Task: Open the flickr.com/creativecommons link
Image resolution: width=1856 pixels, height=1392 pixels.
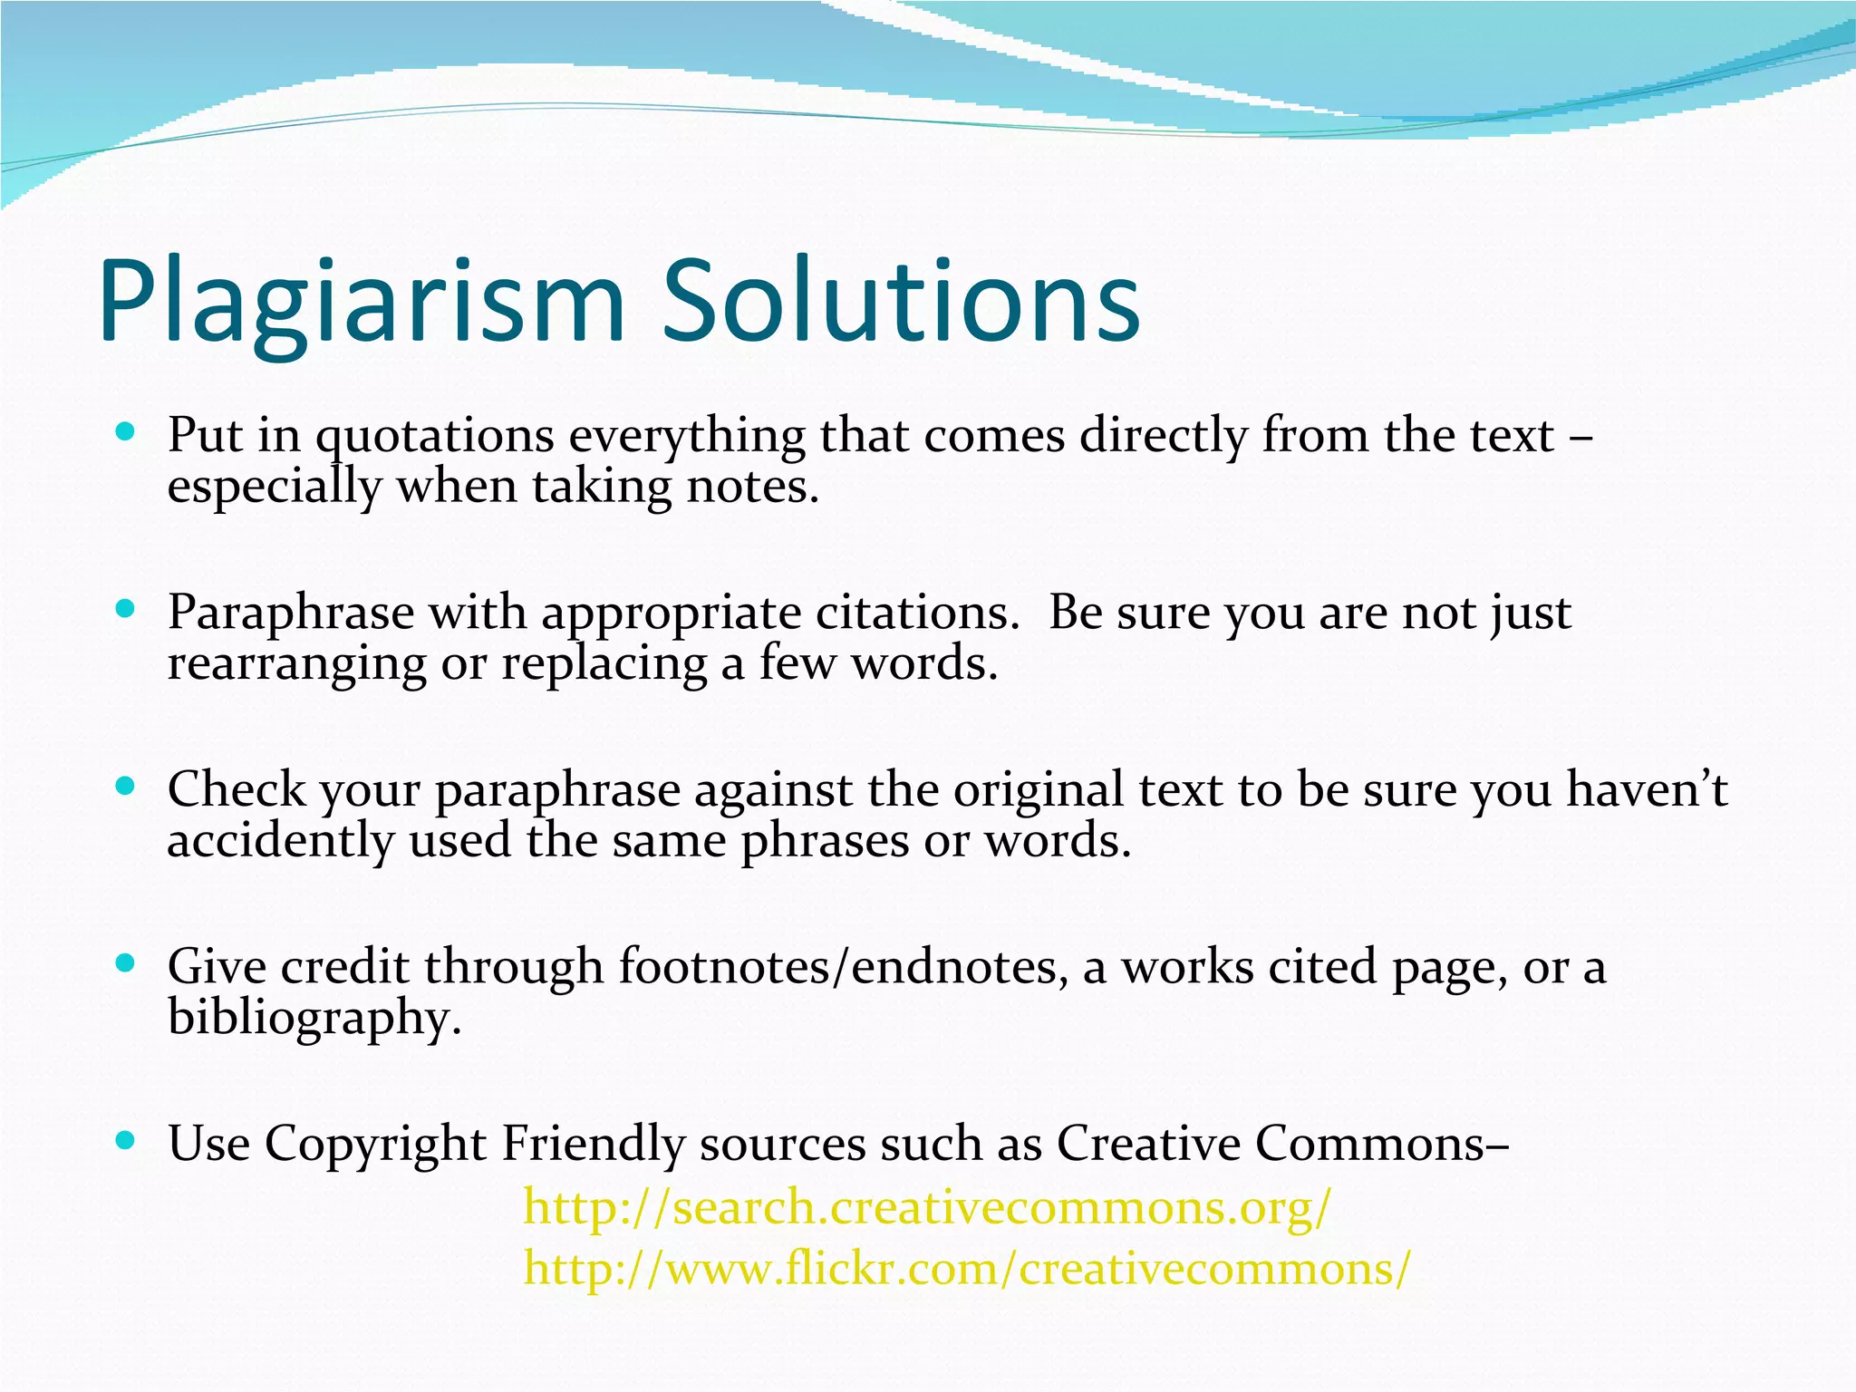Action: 967,1267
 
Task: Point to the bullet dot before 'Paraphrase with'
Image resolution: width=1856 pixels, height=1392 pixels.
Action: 126,609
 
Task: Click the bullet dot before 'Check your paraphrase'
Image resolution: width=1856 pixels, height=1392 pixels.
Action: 126,786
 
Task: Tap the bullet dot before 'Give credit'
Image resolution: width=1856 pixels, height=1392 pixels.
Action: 126,962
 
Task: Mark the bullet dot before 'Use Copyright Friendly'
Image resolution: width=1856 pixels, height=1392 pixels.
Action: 126,1139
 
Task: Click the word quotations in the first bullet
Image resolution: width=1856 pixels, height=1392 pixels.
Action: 434,437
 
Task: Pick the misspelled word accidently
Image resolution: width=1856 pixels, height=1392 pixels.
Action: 280,841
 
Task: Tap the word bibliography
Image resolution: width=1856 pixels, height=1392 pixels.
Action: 314,1018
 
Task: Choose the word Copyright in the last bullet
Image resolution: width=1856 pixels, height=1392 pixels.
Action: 375,1144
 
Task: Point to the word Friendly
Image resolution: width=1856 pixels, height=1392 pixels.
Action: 593,1144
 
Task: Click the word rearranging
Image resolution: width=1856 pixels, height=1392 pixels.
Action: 296,663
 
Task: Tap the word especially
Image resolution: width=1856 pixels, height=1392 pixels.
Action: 275,488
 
